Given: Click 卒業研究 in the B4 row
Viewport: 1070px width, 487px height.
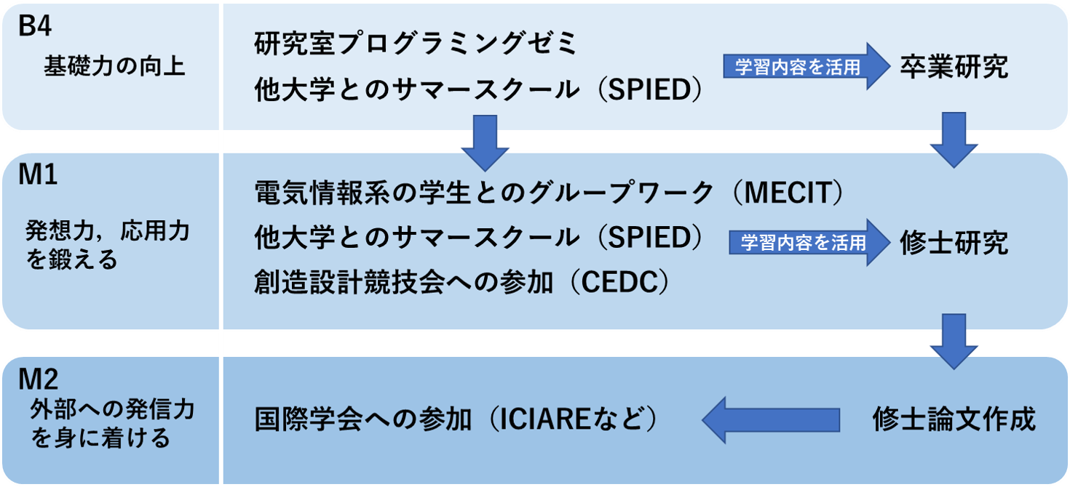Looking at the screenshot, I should click(954, 67).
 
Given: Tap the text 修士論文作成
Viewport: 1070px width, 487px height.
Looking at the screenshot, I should click(954, 419).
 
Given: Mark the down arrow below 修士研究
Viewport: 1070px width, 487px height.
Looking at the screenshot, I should click(954, 340).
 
